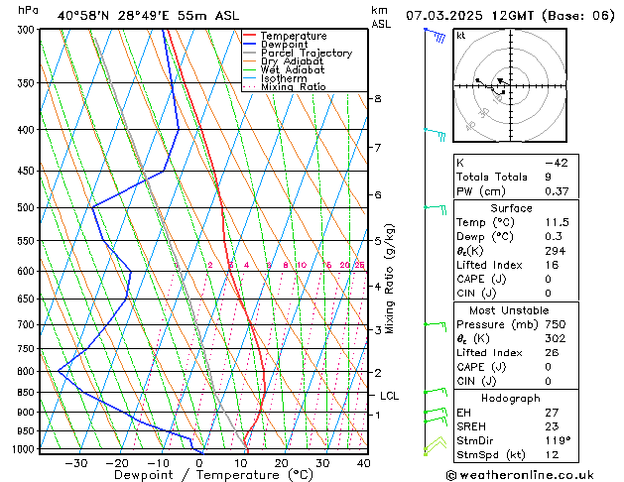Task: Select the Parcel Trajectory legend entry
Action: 306,53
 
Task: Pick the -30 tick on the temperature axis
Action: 76,462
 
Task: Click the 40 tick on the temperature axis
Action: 363,462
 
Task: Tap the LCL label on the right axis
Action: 389,396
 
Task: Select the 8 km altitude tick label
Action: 377,98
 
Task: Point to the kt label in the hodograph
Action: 460,36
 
